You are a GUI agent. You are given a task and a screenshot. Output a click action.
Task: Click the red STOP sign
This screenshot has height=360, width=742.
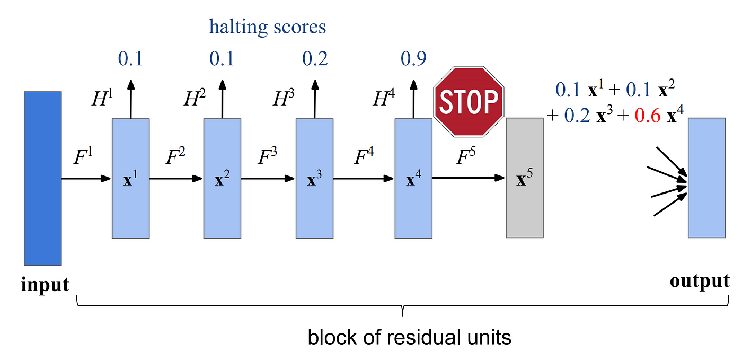467,100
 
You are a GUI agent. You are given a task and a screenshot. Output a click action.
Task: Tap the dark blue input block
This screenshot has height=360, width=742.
42,178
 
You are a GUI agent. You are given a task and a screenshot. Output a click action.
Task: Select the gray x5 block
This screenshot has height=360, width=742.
525,178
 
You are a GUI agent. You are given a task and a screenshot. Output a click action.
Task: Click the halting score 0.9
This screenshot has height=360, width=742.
413,59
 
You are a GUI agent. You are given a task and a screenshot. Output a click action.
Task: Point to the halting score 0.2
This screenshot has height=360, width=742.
315,59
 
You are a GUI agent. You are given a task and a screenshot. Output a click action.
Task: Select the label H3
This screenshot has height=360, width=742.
284,100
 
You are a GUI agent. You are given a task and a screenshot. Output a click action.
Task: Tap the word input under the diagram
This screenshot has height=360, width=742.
45,285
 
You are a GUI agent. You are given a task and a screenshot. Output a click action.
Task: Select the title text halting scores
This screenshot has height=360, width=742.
268,27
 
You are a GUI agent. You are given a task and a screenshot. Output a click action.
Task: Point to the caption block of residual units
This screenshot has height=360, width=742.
409,337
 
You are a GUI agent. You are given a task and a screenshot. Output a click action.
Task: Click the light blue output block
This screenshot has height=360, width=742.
706,178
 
